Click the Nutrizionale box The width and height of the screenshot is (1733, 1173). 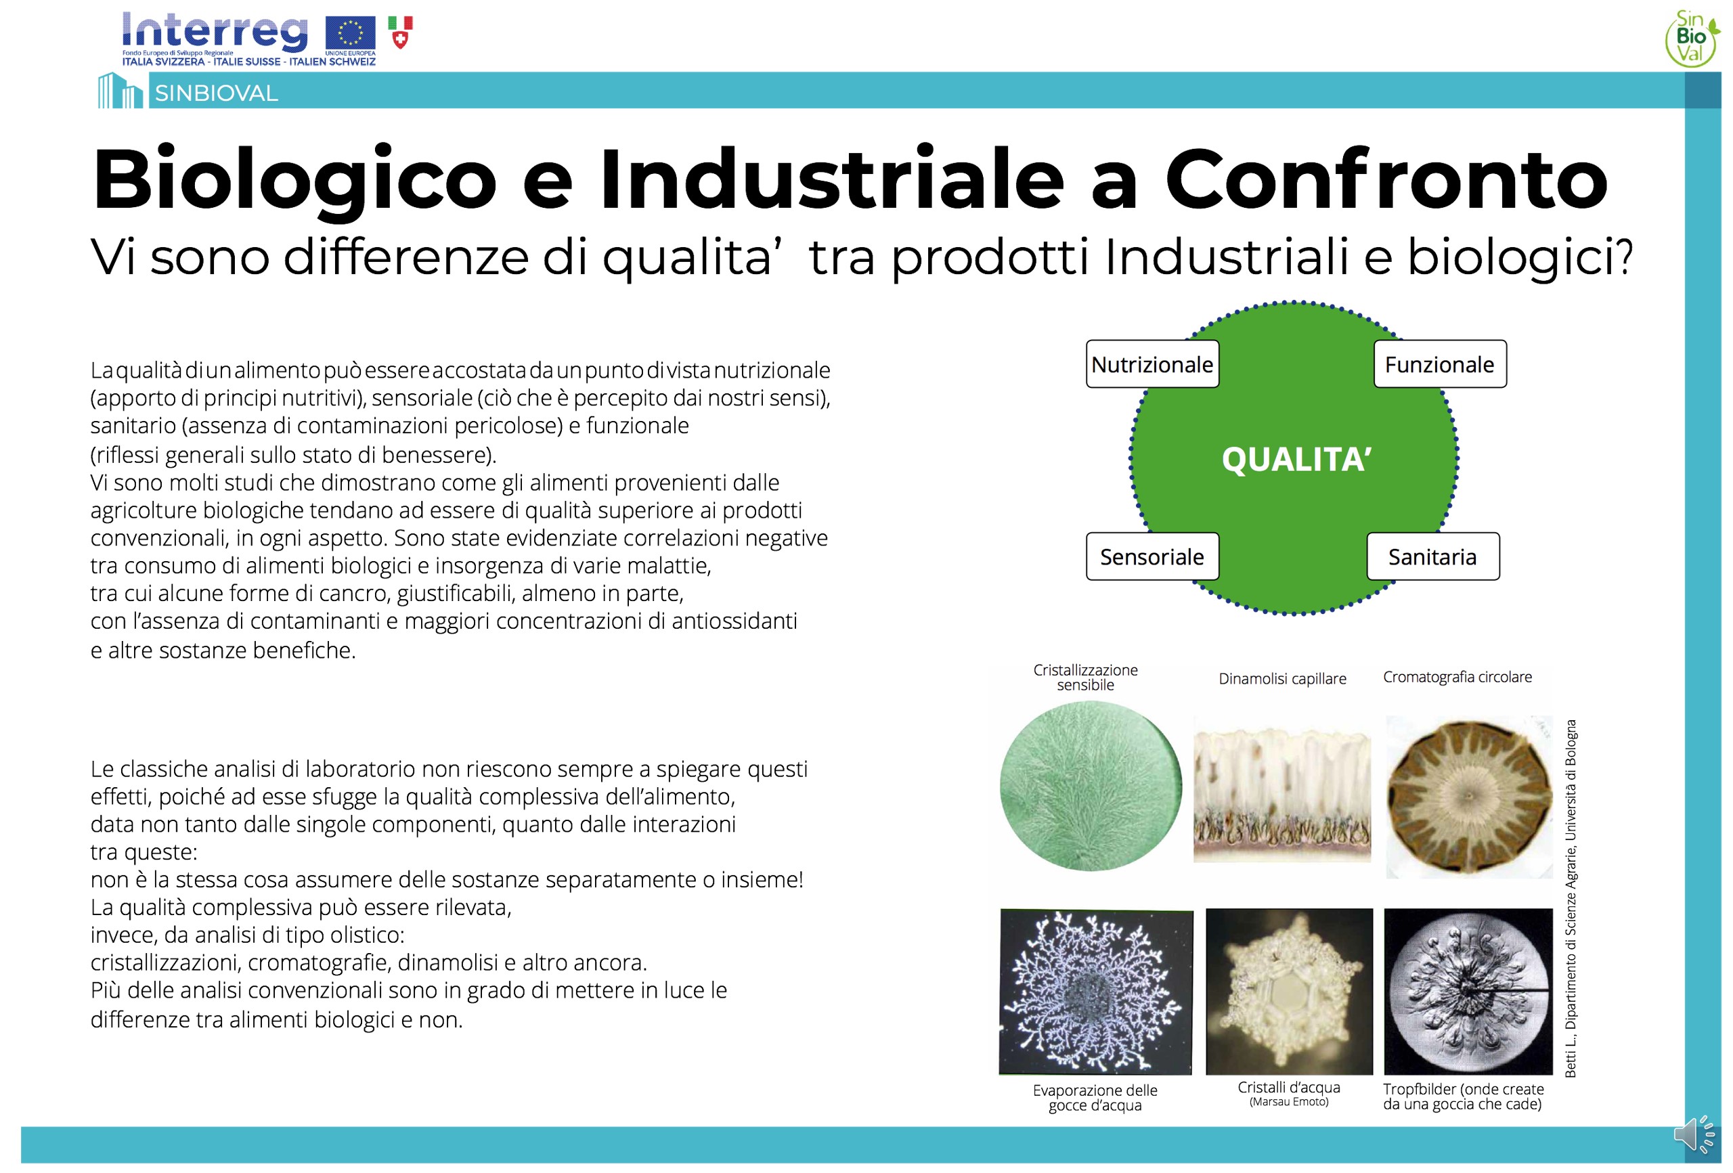[x=1152, y=364]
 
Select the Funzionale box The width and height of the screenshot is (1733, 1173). [x=1440, y=364]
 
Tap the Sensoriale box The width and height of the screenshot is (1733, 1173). [x=1152, y=556]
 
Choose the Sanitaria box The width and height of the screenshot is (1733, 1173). [x=1432, y=556]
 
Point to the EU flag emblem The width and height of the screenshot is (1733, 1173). [x=351, y=34]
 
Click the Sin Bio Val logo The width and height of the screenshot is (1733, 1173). [x=1692, y=37]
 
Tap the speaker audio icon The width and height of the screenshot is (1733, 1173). [x=1695, y=1134]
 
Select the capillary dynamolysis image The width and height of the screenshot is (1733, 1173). [x=1282, y=790]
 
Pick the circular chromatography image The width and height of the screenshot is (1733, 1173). [x=1468, y=797]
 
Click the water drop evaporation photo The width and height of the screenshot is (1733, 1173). [x=1095, y=991]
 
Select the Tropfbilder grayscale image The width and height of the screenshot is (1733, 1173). [x=1468, y=991]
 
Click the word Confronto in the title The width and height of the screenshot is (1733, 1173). [x=1386, y=179]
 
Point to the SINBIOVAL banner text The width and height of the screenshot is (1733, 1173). [x=216, y=93]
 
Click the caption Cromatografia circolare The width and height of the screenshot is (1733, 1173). [x=1457, y=676]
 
